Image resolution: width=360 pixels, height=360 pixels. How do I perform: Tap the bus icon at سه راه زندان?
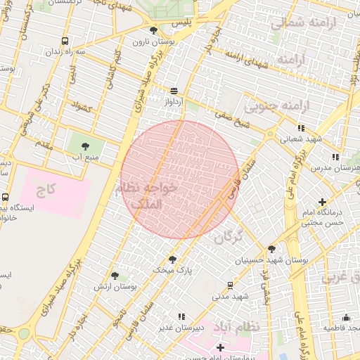[65, 41]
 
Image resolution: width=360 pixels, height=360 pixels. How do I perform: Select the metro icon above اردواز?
[174, 91]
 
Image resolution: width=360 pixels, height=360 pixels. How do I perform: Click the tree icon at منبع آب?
[85, 146]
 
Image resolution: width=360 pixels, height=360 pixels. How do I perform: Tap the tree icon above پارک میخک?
[172, 259]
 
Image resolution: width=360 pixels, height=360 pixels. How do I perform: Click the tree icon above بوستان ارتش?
[115, 276]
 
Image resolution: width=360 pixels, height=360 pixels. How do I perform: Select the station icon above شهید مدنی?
[230, 285]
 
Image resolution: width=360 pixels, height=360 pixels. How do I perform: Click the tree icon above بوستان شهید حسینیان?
[271, 248]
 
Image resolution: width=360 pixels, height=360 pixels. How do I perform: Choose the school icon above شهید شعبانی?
[301, 128]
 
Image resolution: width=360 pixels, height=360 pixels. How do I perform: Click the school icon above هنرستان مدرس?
[335, 157]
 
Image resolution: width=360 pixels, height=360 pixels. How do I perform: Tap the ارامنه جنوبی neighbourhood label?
[267, 106]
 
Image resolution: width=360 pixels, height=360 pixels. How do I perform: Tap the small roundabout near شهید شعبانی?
[270, 134]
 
